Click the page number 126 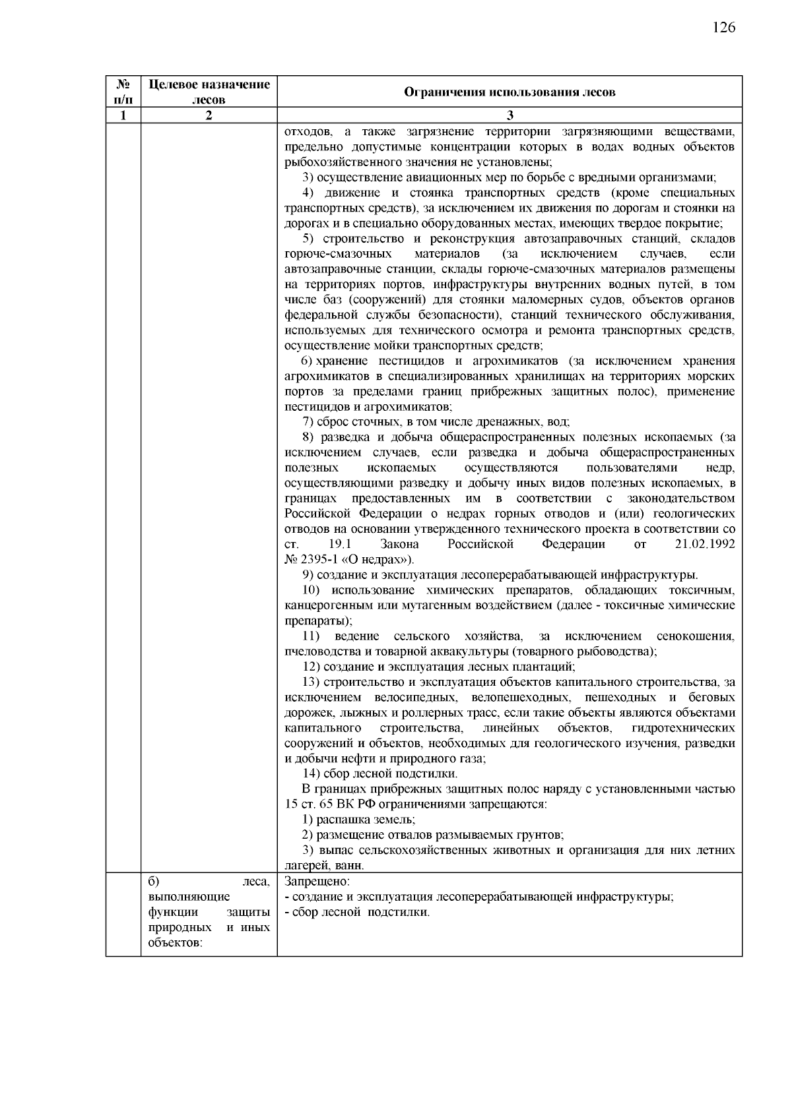[723, 27]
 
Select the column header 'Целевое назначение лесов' [209, 92]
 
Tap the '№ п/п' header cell [123, 92]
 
